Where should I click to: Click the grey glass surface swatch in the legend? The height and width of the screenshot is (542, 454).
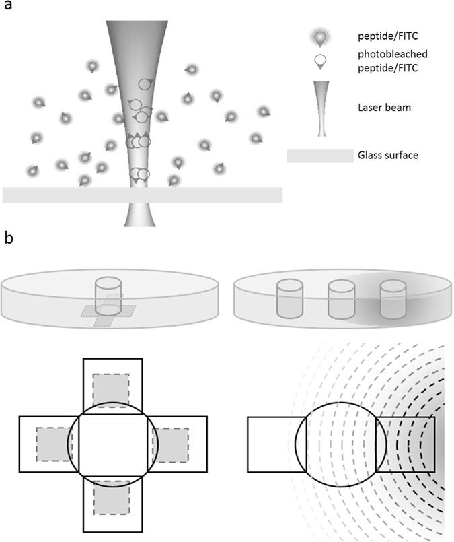click(319, 156)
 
